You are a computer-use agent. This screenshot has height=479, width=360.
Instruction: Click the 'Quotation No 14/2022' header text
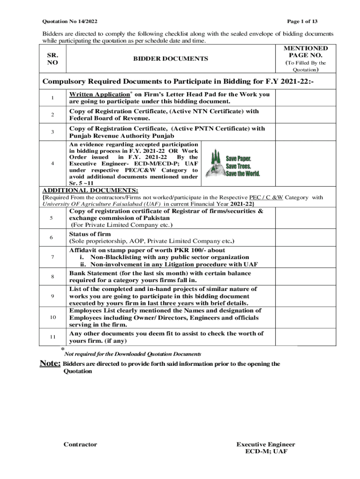(70, 22)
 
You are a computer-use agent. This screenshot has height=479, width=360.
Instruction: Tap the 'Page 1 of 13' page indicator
(302, 22)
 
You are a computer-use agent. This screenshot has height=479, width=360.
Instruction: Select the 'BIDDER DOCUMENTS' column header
(171, 58)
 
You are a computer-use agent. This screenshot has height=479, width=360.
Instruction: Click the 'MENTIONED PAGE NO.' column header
(306, 52)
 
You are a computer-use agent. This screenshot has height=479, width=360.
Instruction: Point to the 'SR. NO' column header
(52, 58)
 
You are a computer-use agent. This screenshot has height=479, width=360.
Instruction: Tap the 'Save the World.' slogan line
(243, 174)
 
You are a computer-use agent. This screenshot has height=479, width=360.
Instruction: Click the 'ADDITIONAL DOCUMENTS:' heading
(90, 191)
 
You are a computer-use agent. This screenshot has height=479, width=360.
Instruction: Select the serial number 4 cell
(52, 163)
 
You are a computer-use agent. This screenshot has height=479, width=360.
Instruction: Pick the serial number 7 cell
(52, 257)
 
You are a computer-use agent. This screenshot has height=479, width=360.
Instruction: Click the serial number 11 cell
(52, 337)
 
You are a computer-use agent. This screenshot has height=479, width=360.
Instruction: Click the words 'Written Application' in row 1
(99, 94)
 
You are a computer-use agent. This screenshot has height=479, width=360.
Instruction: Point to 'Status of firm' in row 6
(90, 234)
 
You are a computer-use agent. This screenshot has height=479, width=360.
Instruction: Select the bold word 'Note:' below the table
(50, 364)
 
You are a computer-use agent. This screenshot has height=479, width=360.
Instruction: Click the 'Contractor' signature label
(80, 444)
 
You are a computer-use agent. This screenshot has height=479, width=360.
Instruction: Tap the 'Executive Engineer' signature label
(266, 444)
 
